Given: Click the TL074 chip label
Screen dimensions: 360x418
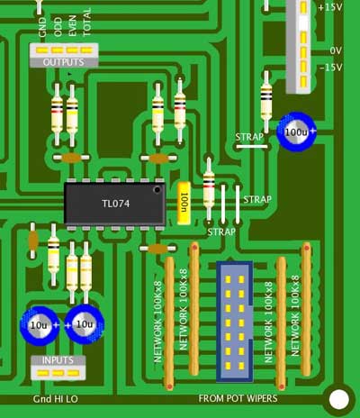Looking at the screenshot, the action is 116,204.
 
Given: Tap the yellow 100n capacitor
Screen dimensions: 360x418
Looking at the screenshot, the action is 184,203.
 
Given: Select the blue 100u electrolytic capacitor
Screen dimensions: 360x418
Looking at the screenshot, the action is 296,132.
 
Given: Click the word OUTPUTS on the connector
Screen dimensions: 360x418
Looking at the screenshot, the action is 63,62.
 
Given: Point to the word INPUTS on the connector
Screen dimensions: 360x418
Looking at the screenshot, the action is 58,360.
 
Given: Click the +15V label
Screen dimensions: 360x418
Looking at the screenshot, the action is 330,7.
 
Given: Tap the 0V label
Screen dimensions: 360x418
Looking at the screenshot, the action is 336,50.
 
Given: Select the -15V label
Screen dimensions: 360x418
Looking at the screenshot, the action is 331,68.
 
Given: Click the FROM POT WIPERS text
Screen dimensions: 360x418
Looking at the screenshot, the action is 238,398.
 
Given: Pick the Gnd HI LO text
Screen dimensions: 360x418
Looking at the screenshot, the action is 56,399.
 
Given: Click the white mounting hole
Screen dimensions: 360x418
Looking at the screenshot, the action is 339,399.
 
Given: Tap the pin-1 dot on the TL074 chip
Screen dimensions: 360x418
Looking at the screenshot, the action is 157,190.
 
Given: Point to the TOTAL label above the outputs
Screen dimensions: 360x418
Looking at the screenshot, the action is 86,22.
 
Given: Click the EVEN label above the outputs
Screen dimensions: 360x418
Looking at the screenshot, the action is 72,26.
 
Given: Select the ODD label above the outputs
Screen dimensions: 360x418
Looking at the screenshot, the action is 58,27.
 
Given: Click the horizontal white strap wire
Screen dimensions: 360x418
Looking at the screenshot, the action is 251,147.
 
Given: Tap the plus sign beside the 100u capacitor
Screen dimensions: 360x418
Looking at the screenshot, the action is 313,131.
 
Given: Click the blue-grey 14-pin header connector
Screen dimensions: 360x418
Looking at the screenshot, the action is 235,322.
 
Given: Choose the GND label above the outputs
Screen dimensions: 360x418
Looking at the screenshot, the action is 42,27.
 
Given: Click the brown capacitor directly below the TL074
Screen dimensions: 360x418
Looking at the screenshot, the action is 157,249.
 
